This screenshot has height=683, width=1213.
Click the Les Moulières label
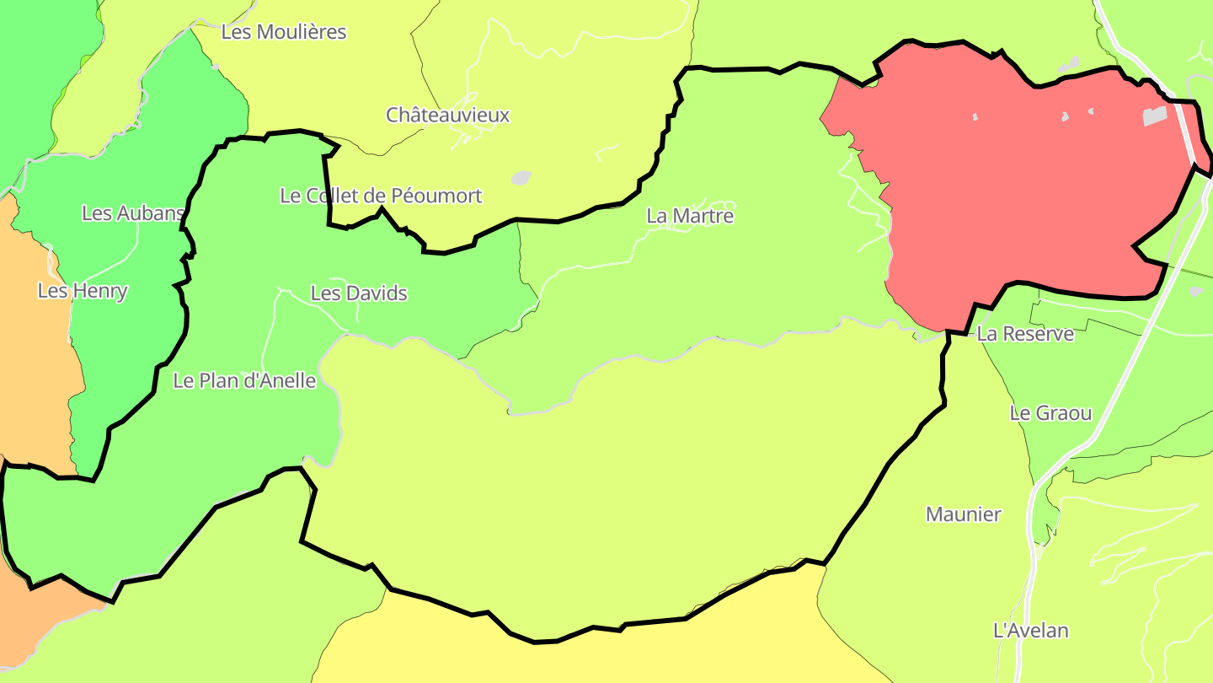click(x=283, y=32)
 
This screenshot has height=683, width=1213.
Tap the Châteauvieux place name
click(x=448, y=115)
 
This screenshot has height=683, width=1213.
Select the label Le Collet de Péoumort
click(x=381, y=196)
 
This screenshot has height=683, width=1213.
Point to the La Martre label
click(x=690, y=216)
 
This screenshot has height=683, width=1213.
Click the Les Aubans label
click(x=133, y=213)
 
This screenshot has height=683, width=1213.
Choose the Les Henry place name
click(x=83, y=291)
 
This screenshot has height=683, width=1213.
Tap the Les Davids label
click(x=359, y=293)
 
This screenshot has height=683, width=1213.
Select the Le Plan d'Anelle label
click(x=244, y=380)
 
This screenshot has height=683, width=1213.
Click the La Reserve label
click(x=1025, y=334)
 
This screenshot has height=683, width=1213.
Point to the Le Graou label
click(x=1050, y=413)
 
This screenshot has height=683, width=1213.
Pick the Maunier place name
click(x=964, y=514)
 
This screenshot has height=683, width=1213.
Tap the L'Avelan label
click(x=1031, y=631)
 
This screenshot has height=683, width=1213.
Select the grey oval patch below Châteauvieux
click(x=521, y=178)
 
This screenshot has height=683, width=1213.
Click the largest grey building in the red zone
click(x=1155, y=116)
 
